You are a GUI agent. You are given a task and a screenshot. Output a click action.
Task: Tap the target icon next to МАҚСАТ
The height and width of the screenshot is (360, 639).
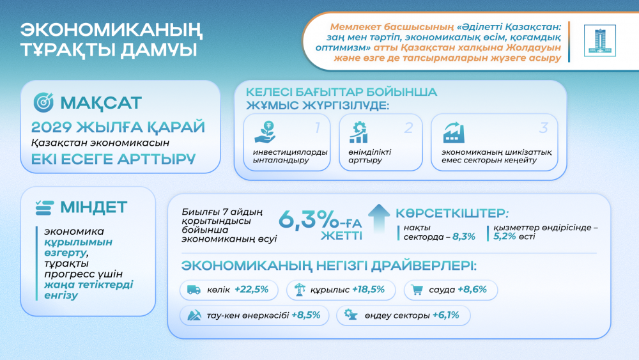tap(43, 102)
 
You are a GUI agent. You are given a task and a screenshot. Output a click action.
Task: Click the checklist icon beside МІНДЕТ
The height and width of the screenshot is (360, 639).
tap(44, 207)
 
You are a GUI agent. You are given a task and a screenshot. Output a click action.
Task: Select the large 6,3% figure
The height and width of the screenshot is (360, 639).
tap(309, 219)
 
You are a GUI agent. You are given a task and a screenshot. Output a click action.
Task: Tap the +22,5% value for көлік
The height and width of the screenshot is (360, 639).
tap(251, 290)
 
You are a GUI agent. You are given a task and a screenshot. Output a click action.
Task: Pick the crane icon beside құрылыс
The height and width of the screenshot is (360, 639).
tap(297, 290)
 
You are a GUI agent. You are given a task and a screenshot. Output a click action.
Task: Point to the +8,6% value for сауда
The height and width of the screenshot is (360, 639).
tap(472, 290)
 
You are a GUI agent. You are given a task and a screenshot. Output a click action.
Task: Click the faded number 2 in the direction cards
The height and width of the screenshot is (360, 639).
tap(408, 127)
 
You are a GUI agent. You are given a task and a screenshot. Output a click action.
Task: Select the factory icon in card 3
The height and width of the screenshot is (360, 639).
tap(454, 132)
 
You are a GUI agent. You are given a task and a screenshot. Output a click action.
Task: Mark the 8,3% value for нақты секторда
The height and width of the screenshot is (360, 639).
tap(463, 237)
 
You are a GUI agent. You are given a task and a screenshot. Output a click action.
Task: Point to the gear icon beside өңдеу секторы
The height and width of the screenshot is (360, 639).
tap(350, 315)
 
